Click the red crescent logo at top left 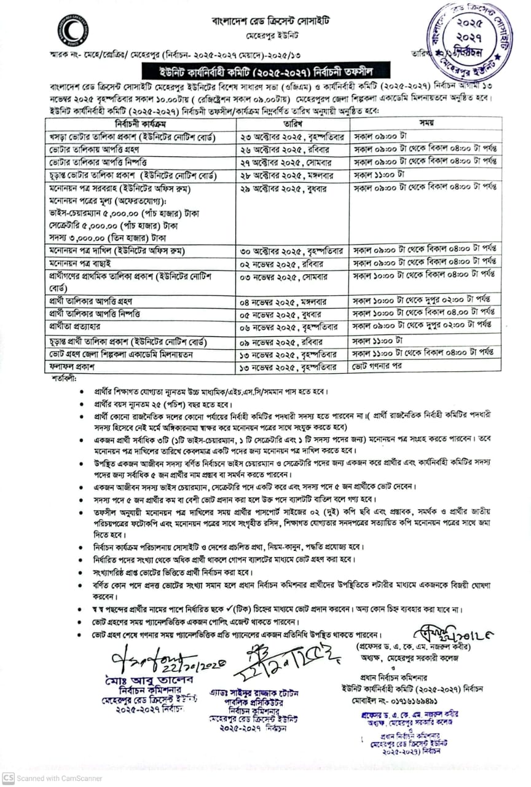[x=73, y=30]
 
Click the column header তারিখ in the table [x=291, y=123]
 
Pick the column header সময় [x=427, y=123]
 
